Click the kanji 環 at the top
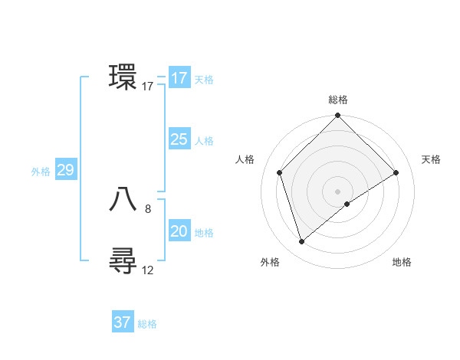click(x=123, y=77)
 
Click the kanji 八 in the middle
click(x=123, y=199)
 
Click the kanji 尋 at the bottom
click(x=123, y=261)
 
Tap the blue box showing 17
click(x=179, y=78)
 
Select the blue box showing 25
click(x=179, y=139)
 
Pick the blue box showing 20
click(x=179, y=231)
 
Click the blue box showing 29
click(x=65, y=170)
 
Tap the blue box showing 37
click(x=123, y=322)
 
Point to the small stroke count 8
click(x=148, y=208)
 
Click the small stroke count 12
click(x=148, y=270)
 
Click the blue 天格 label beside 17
click(x=204, y=80)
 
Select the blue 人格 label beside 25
click(x=204, y=141)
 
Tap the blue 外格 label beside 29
click(x=41, y=172)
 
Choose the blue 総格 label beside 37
click(x=147, y=324)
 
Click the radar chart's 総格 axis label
click(x=338, y=100)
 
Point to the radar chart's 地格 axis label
click(x=402, y=262)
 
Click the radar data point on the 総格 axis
click(x=338, y=116)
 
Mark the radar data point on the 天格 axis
click(x=396, y=172)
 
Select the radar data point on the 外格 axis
click(x=301, y=242)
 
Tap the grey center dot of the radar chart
click(x=338, y=191)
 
